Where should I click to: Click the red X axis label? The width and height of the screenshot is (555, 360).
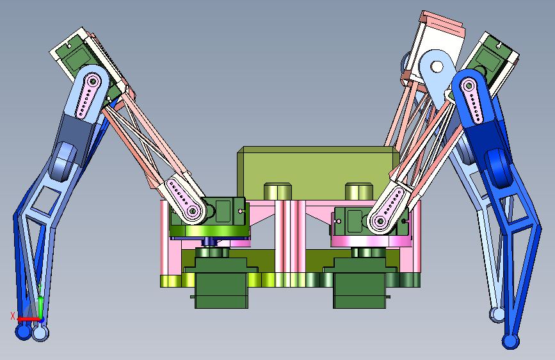point(13,316)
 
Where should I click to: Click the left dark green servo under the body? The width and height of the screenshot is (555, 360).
point(221,282)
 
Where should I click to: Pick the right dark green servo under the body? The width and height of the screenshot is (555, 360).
point(360,282)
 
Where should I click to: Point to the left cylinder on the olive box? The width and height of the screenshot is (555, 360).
point(278,191)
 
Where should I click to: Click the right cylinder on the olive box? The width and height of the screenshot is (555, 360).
point(359,191)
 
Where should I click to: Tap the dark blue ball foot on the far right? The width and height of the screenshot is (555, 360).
point(510,341)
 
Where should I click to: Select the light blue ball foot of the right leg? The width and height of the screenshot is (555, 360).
point(497,315)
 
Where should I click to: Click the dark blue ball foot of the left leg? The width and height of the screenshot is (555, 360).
point(23,332)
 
